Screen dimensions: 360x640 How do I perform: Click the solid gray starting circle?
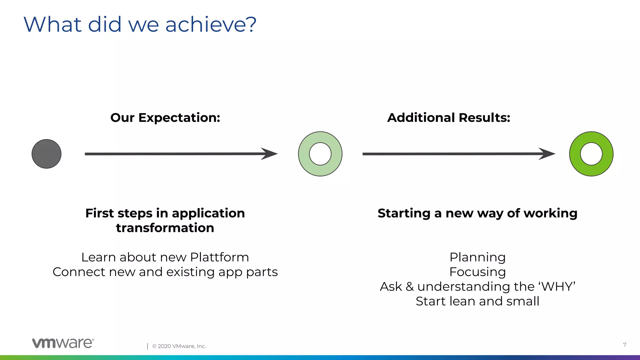pyautogui.click(x=47, y=154)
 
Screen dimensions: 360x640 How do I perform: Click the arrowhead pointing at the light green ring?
pyautogui.click(x=269, y=154)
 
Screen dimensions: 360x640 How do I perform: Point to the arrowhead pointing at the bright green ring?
pyautogui.click(x=547, y=154)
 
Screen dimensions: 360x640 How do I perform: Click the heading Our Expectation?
pyautogui.click(x=165, y=118)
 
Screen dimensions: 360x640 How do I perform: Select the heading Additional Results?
pyautogui.click(x=448, y=118)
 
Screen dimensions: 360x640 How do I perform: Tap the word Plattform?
pyautogui.click(x=219, y=257)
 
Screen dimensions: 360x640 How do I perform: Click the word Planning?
pyautogui.click(x=477, y=257)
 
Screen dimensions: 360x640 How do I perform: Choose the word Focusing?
pyautogui.click(x=477, y=272)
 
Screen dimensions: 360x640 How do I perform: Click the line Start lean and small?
pyautogui.click(x=477, y=301)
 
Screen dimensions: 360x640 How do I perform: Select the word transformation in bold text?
pyautogui.click(x=165, y=228)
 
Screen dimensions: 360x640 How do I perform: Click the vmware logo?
pyautogui.click(x=63, y=343)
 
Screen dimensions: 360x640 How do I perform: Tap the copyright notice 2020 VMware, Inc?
pyautogui.click(x=179, y=346)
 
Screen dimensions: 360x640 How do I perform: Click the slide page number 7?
pyautogui.click(x=624, y=345)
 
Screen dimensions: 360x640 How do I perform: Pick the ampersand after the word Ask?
pyautogui.click(x=409, y=287)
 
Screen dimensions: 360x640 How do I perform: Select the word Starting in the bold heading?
pyautogui.click(x=404, y=213)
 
